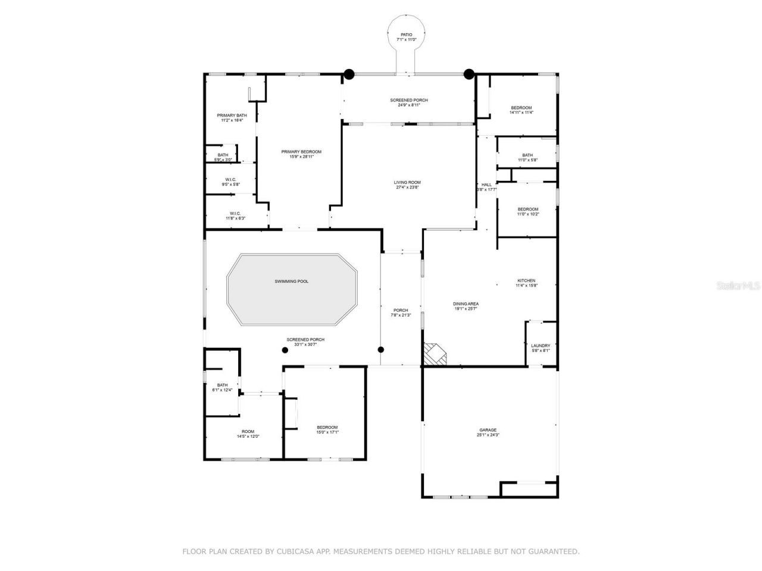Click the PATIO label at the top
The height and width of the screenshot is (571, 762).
click(x=407, y=35)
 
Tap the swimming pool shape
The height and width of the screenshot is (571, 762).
click(x=292, y=290)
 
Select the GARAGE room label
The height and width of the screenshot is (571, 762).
click(x=488, y=430)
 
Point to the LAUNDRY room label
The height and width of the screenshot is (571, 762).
click(x=541, y=346)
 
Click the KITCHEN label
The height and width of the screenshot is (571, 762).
click(x=526, y=281)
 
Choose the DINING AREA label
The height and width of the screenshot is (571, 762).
click(x=466, y=304)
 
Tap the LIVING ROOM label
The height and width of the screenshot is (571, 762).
click(x=407, y=183)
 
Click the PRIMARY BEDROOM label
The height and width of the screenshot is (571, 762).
click(x=301, y=152)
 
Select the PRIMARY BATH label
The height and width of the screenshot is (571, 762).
click(x=232, y=115)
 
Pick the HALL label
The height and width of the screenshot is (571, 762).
click(x=486, y=185)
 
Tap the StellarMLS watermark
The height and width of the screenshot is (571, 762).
click(x=738, y=285)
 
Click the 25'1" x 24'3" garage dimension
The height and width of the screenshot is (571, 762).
click(x=488, y=435)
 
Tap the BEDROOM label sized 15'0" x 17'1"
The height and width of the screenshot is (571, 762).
click(x=327, y=428)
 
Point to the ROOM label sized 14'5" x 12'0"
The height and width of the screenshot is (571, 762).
click(x=248, y=432)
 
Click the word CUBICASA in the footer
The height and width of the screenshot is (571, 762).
click(x=292, y=551)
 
